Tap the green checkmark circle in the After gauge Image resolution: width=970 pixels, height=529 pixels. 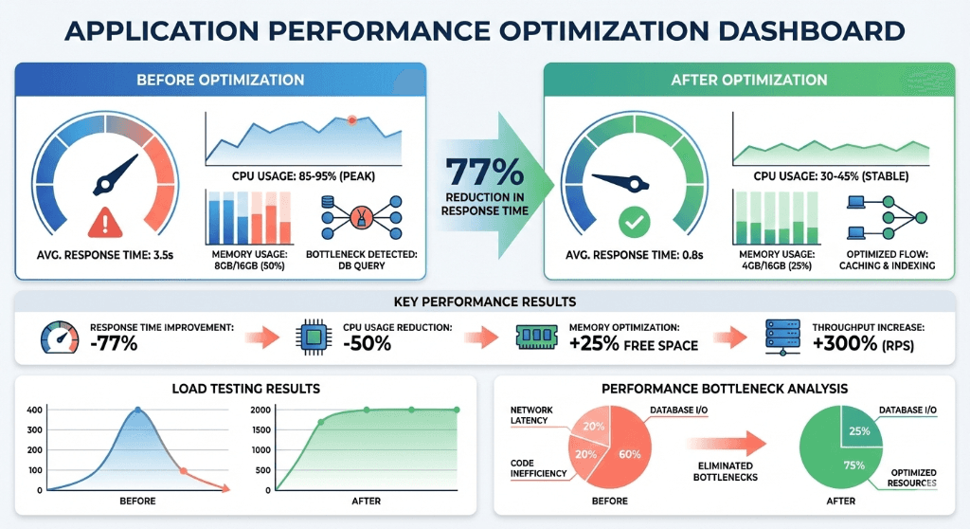coord(632,225)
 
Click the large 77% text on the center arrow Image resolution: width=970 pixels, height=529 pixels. coord(484,172)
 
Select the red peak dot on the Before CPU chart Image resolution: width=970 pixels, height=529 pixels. coord(351,120)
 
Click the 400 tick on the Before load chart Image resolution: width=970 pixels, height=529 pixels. coord(34,410)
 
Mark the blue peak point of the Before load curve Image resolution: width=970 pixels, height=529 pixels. coord(137,410)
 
